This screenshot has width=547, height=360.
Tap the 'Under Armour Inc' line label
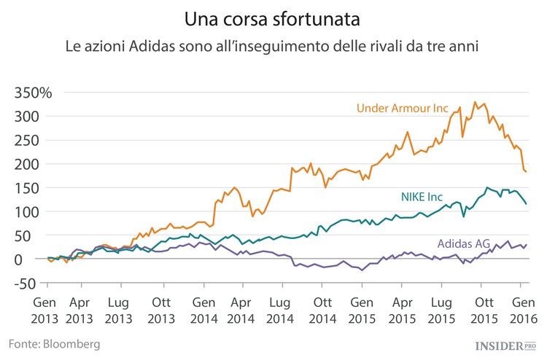tap(402, 109)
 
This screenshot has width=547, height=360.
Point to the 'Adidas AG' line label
tap(462, 243)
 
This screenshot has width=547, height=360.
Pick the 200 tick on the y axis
tap(26, 164)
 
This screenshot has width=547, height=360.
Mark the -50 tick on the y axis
tap(26, 283)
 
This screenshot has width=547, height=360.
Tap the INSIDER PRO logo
tap(503, 344)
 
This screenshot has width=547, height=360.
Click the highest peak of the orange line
tap(476, 102)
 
